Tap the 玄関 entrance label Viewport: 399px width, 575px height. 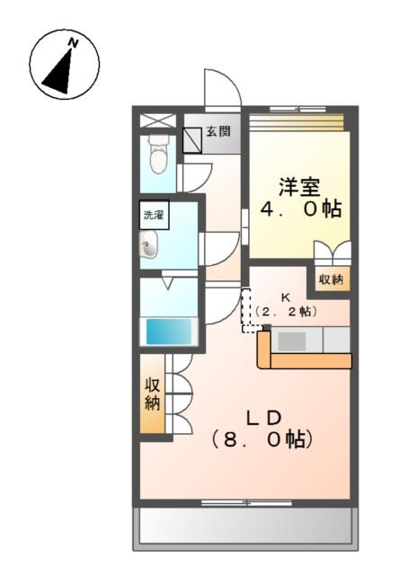tap(218, 131)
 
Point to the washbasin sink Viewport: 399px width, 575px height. tap(150, 243)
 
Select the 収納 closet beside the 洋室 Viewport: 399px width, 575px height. tap(330, 279)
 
